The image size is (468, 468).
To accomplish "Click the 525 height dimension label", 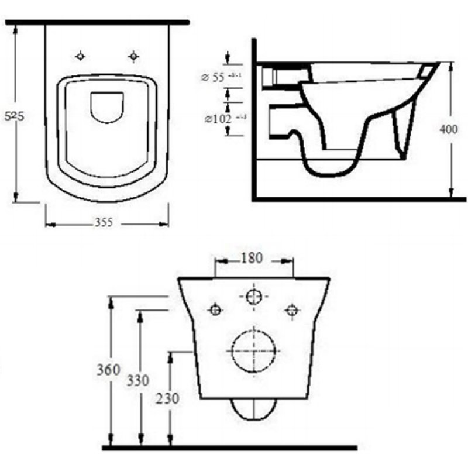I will point(15,116).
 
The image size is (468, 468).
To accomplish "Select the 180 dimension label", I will point(251,258).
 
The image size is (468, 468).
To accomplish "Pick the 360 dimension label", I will point(109,370).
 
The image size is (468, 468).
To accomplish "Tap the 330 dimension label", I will point(138,381).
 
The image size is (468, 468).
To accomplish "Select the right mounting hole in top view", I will point(134,56).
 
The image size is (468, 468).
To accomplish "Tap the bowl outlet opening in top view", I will point(108,106).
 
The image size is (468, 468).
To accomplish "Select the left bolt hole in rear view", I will point(215,310).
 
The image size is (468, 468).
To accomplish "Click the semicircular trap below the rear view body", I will point(253,409).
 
